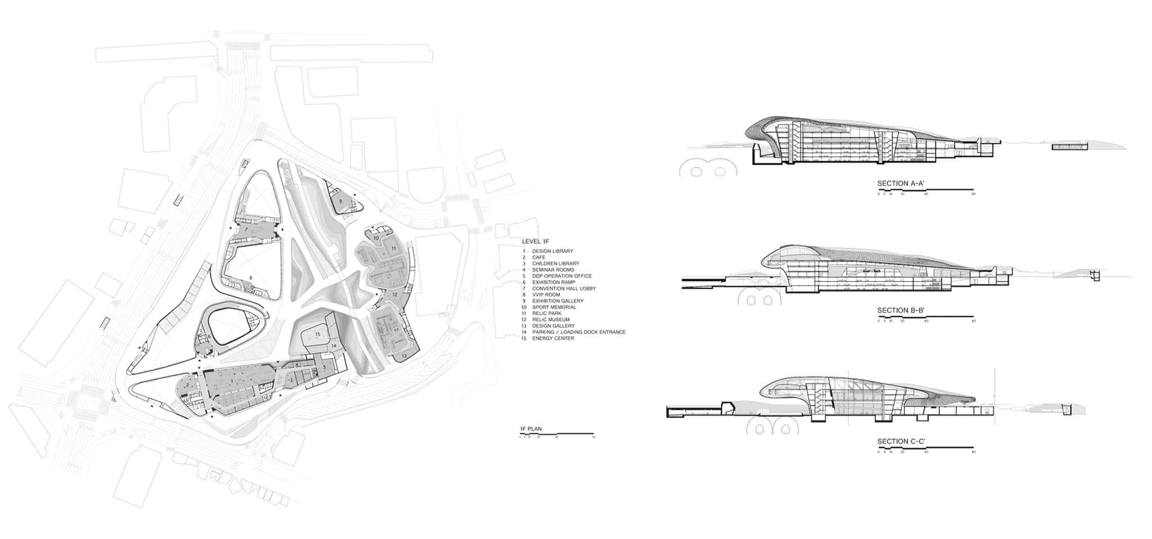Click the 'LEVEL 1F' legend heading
(x=531, y=241)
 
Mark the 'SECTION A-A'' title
(x=901, y=183)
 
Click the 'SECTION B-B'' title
(x=901, y=311)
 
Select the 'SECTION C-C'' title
(x=901, y=442)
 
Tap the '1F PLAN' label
(x=530, y=429)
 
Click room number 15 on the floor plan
(x=317, y=334)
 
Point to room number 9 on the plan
(x=340, y=201)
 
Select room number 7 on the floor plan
(x=246, y=230)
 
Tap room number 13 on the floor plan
(x=404, y=356)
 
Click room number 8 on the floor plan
(x=251, y=278)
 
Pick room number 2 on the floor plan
(x=186, y=386)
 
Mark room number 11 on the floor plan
(x=394, y=248)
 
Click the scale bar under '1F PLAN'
(x=557, y=434)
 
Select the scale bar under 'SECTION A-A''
(x=926, y=190)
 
